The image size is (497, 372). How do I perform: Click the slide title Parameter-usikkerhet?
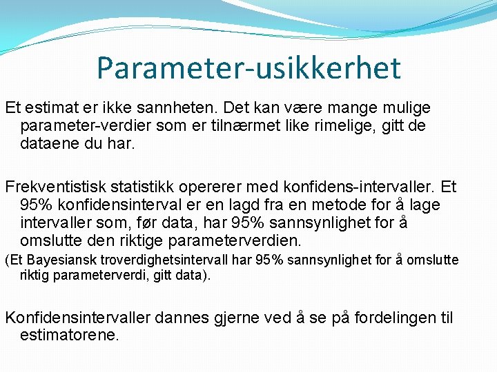pos(248,68)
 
